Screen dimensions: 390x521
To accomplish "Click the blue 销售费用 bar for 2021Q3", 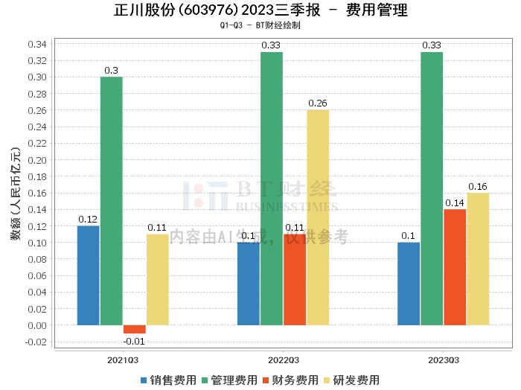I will (x=89, y=275).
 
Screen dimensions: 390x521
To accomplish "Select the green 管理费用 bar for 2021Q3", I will (x=112, y=201).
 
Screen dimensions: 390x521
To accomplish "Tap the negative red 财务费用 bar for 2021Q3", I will (x=135, y=329).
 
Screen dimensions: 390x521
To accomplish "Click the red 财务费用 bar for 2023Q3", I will (x=455, y=267).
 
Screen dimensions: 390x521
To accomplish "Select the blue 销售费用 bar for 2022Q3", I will (x=249, y=284).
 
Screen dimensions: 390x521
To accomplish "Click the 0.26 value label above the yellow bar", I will (x=318, y=103).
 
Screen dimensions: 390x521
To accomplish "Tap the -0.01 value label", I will (x=134, y=341).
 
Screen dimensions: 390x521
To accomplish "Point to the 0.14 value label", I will (x=455, y=202).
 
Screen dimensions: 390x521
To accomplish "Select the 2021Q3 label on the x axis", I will (x=123, y=359).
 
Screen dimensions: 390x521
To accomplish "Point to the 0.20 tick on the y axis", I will (x=37, y=160).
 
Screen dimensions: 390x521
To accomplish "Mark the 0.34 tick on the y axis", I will (x=37, y=44).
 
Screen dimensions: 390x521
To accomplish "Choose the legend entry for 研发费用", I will (x=351, y=380).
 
